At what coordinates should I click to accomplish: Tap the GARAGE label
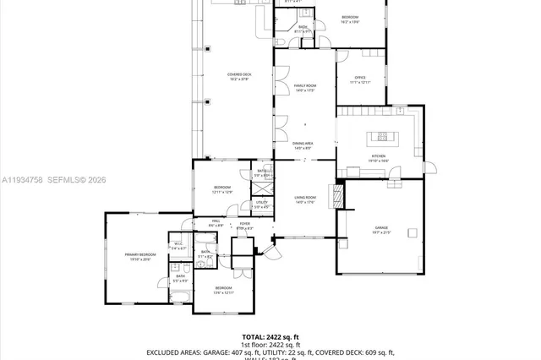380,229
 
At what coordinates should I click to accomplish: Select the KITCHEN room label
379,156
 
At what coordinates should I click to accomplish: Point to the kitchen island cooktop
381,135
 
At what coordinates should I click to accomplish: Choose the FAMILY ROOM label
304,86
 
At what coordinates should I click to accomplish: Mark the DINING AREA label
303,144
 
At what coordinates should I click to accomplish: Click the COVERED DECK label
239,75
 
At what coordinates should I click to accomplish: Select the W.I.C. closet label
178,244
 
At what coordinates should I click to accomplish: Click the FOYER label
244,224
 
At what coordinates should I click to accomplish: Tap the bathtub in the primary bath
179,294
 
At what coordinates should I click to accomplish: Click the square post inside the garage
413,233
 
